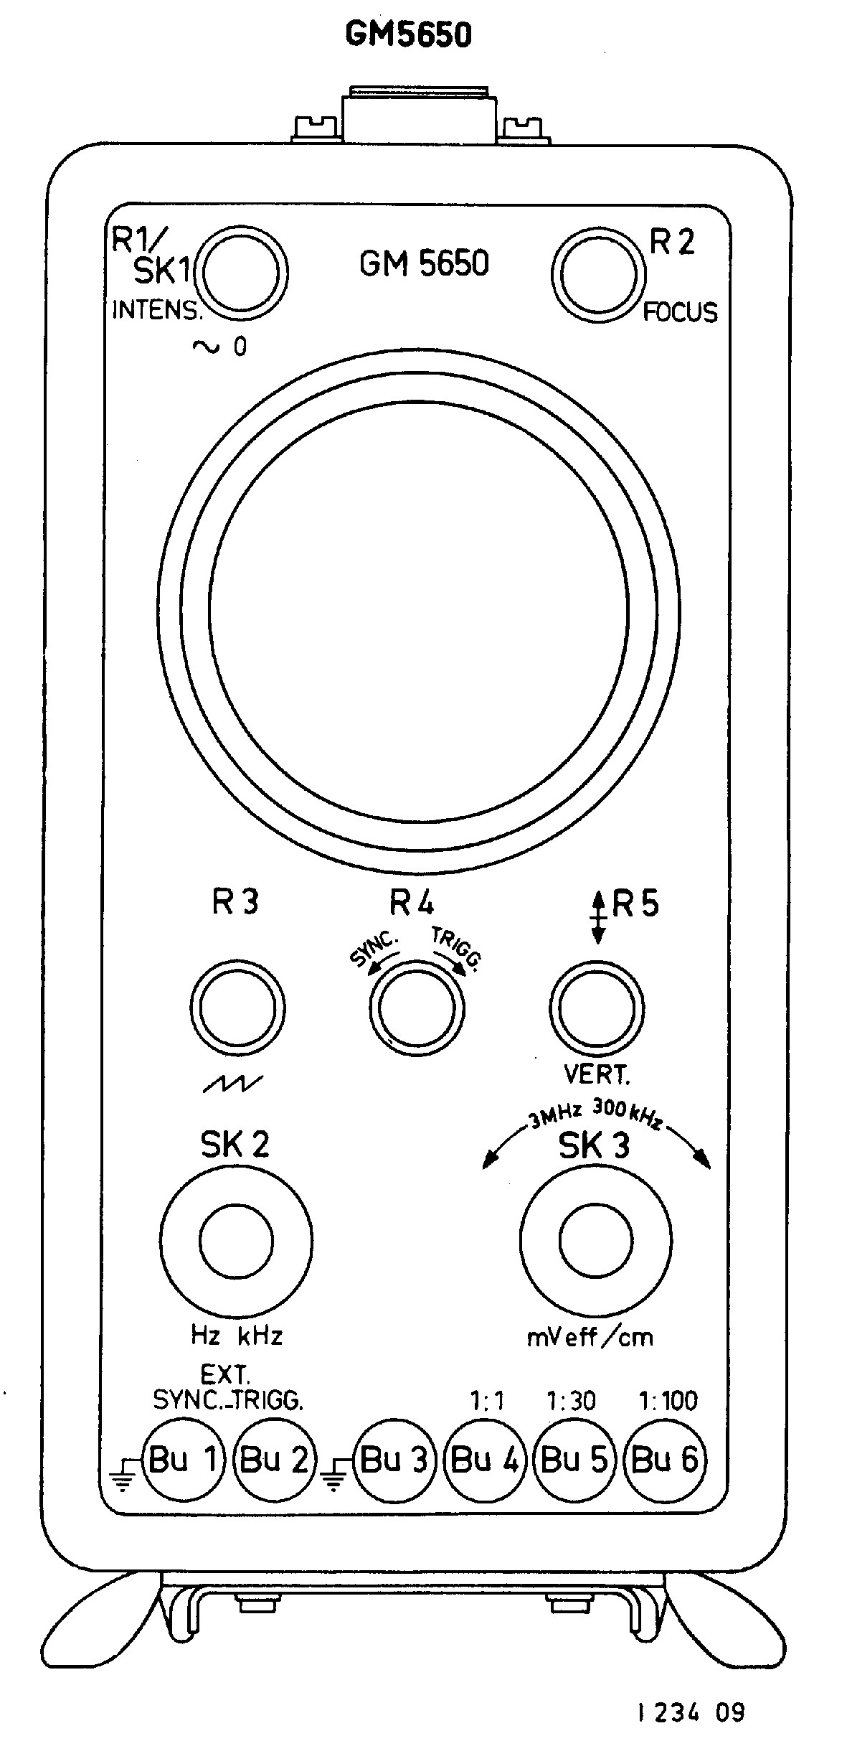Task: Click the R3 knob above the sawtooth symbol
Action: click(237, 1009)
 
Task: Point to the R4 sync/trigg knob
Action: click(416, 1009)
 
